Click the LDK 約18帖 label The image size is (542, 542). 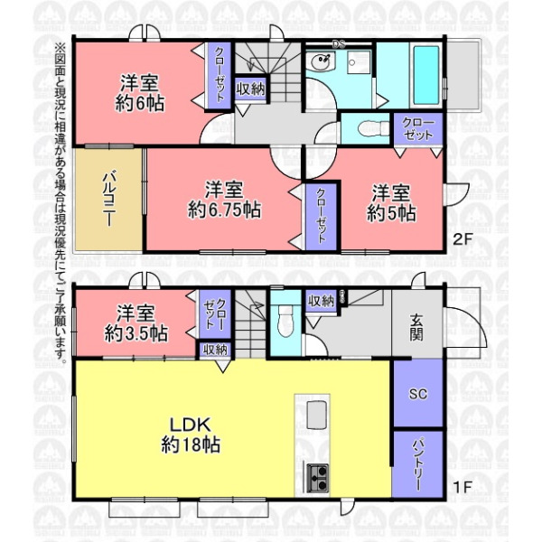click(x=191, y=435)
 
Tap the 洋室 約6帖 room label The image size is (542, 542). click(x=140, y=93)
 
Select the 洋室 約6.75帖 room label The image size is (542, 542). click(x=224, y=200)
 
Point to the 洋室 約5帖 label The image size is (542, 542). click(x=391, y=203)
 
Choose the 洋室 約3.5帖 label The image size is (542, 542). click(x=136, y=323)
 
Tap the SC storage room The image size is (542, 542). click(x=418, y=394)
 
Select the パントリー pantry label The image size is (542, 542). click(x=417, y=464)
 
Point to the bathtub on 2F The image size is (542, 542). click(x=426, y=75)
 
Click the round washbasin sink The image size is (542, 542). click(x=321, y=62)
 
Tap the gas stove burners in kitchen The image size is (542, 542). click(x=317, y=478)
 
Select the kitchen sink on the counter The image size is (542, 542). click(x=316, y=414)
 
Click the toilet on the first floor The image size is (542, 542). click(x=285, y=321)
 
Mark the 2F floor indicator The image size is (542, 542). click(x=463, y=239)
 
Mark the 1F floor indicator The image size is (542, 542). click(x=463, y=487)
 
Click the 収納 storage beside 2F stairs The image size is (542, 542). click(x=250, y=89)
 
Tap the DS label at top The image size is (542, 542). click(x=338, y=44)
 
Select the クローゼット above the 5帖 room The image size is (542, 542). click(x=418, y=128)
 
